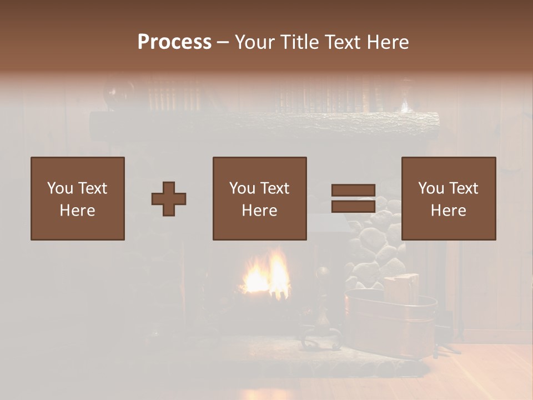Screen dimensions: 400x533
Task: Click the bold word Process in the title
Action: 174,42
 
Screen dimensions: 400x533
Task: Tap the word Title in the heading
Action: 300,42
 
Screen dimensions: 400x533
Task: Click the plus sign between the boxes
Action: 169,198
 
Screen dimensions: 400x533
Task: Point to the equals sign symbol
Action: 353,198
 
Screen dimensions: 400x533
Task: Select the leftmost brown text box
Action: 78,198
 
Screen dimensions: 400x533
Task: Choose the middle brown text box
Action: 259,198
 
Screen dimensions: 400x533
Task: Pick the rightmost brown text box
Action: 449,198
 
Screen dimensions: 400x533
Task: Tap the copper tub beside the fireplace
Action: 391,325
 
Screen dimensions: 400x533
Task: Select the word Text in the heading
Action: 342,42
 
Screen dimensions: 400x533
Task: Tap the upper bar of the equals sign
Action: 353,190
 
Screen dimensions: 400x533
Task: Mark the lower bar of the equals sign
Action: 353,207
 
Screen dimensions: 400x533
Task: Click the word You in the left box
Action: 59,188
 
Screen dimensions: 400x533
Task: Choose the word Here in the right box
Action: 449,211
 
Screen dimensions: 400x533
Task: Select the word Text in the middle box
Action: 274,188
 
